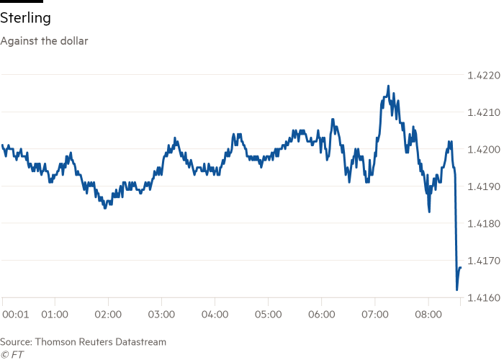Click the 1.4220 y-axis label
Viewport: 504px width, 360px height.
(482, 75)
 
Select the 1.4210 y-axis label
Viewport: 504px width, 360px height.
(482, 112)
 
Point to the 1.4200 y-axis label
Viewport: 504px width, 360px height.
(482, 150)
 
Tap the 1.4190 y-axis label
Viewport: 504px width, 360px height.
(482, 186)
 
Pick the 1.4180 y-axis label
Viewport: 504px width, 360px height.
(482, 224)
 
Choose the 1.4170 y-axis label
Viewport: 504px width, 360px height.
(482, 261)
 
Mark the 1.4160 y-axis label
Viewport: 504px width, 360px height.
(482, 297)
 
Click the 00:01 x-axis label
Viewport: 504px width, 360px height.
(16, 315)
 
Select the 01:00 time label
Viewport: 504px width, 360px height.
(55, 315)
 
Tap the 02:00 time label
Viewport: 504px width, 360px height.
(108, 315)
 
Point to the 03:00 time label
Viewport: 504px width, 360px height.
(161, 315)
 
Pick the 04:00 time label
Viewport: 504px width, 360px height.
(215, 315)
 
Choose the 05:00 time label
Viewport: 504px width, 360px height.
(268, 315)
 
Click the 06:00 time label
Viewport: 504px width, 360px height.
(321, 315)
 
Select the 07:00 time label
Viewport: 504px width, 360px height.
(374, 315)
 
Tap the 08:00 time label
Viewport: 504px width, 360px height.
(428, 315)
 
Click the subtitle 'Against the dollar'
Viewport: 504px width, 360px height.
(44, 41)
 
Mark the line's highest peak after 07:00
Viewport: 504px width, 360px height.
(389, 86)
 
